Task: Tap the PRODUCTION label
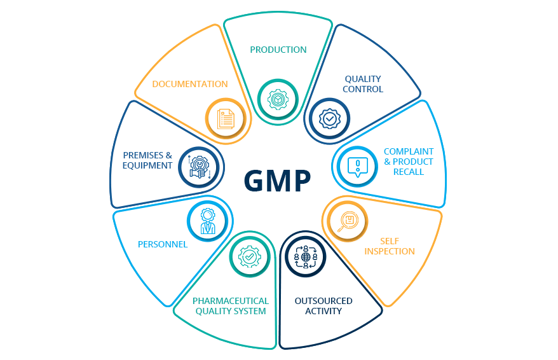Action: click(x=278, y=50)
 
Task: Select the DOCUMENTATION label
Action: click(x=190, y=84)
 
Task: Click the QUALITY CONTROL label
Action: click(x=363, y=84)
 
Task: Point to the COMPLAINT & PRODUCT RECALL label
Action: click(x=408, y=162)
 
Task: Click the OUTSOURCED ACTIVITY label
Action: click(x=323, y=306)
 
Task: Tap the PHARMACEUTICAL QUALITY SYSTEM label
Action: click(x=231, y=306)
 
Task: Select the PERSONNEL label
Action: click(x=163, y=244)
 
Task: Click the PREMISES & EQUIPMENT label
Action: click(x=147, y=160)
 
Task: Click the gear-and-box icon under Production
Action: click(x=278, y=100)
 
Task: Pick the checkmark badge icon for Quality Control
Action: click(x=329, y=119)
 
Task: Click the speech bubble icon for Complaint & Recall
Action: click(x=357, y=167)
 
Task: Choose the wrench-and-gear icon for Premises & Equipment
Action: click(x=199, y=167)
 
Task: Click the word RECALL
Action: click(x=409, y=172)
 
